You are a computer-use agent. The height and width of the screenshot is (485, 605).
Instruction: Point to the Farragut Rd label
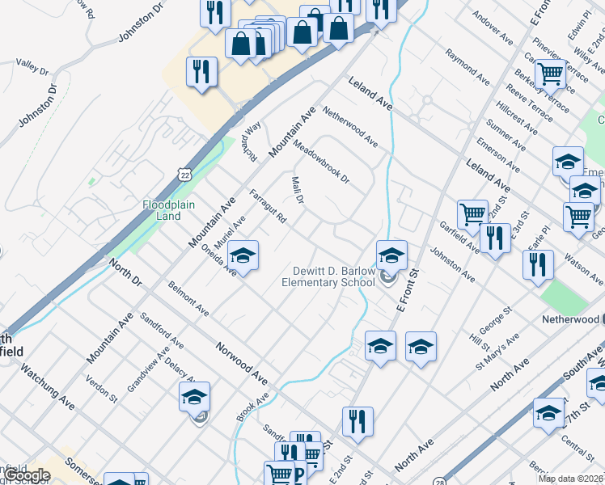[269, 207]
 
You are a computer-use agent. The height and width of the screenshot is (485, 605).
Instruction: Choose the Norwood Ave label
[241, 363]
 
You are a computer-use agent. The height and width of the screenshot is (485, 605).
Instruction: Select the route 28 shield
[437, 480]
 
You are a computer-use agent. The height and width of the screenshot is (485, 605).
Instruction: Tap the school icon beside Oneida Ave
[243, 256]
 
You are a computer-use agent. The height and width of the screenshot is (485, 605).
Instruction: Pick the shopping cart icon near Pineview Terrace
[550, 74]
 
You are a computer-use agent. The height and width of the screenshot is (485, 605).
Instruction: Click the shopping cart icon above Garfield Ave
[472, 214]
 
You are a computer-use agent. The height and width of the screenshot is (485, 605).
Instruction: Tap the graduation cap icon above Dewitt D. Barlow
[391, 255]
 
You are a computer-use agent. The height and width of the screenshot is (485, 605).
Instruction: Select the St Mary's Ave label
[494, 352]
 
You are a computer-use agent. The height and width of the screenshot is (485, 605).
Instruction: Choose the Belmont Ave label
[188, 298]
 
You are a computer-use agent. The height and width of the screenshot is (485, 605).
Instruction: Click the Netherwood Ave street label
[349, 127]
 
